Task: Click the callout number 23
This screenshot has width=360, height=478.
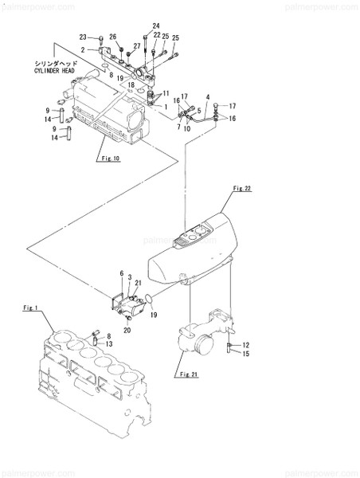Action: tap(83, 37)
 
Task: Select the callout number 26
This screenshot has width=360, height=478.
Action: tap(112, 37)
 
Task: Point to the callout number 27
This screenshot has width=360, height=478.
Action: tap(136, 46)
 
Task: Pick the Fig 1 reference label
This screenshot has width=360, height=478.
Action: tap(31, 308)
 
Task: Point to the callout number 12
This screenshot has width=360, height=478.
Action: tap(245, 344)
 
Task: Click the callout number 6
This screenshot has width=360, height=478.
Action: tap(122, 273)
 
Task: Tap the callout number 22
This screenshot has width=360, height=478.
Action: tap(157, 36)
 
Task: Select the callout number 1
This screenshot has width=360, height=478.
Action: tap(165, 106)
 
